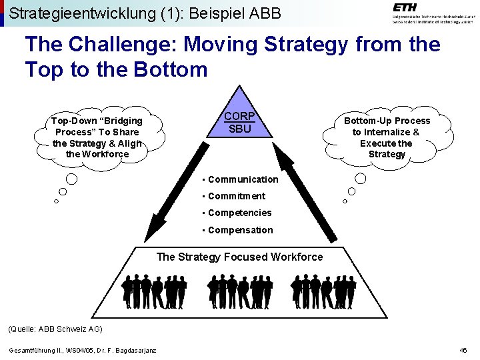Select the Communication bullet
[243, 179]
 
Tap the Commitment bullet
[236, 196]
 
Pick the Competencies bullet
[239, 213]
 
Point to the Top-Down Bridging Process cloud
[97, 137]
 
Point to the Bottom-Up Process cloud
[387, 137]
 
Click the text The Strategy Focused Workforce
[239, 257]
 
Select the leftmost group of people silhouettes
[154, 291]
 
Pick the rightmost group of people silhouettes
[324, 291]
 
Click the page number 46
[463, 351]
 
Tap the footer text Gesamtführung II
[33, 351]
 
